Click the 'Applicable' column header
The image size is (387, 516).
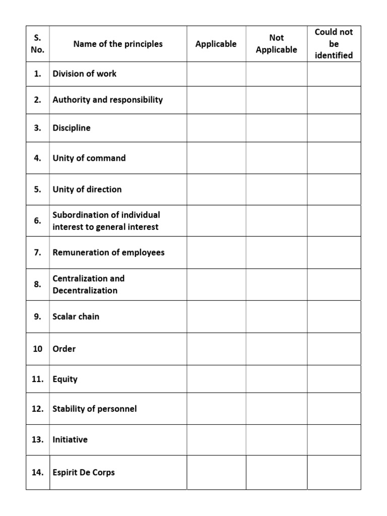pos(216,44)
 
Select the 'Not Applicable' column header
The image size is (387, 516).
pos(276,44)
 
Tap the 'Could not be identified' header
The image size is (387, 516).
pos(334,44)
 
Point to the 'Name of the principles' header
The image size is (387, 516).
pos(118,44)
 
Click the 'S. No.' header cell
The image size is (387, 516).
pos(38,44)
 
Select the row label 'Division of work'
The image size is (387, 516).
pos(84,74)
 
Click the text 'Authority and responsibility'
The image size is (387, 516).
pos(107,100)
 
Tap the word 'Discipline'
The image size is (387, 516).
pos(72,128)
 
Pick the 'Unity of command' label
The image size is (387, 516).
pos(89,158)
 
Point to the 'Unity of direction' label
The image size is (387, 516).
pos(87,189)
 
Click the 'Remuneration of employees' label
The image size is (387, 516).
pos(108,252)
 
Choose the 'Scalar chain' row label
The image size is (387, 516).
pos(76,316)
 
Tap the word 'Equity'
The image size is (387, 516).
pos(65,379)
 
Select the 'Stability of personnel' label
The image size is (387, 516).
pos(94,409)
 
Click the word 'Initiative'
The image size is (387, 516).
pos(70,439)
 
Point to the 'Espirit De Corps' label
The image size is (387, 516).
pos(84,473)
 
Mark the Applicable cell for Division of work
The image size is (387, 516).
pos(216,74)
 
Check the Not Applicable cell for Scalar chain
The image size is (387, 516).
pos(277,316)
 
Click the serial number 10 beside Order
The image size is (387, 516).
pos(38,349)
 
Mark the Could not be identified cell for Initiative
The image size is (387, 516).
pos(334,440)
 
